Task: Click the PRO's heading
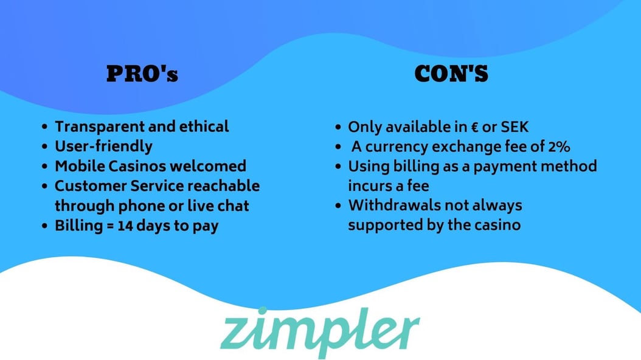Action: coord(142,74)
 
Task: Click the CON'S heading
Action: coord(451,74)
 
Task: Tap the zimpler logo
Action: coord(320,331)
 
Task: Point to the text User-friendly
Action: coord(104,147)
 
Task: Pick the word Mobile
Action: coord(80,166)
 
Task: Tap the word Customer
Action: coord(91,186)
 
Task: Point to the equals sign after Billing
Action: coord(110,226)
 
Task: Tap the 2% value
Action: coord(559,147)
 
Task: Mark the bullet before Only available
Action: coord(338,128)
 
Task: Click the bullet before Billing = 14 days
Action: coord(44,226)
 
